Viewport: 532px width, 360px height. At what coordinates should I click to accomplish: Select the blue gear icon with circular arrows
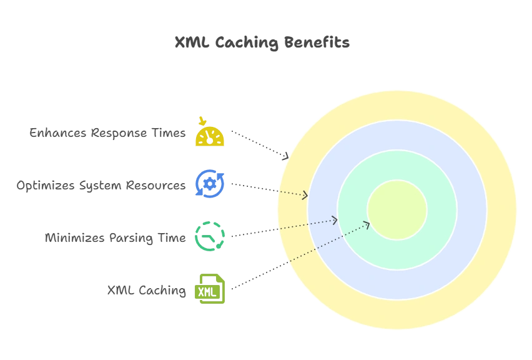(209, 184)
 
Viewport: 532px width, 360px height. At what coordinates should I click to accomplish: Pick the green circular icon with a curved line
(209, 236)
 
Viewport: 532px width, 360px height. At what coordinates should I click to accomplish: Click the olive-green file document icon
(209, 288)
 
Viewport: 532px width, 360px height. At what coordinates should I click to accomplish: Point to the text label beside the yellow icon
(110, 133)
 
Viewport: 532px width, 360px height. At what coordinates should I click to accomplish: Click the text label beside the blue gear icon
(102, 185)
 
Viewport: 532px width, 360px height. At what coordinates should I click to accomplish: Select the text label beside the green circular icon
(117, 237)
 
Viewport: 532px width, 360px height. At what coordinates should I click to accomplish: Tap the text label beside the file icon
(147, 289)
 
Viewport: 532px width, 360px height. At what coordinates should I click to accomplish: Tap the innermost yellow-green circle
(397, 209)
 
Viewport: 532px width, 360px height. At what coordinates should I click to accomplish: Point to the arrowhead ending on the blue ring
(305, 196)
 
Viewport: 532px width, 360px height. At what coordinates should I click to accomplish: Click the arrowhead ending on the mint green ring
(335, 220)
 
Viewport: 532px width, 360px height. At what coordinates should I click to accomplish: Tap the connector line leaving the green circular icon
(252, 232)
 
